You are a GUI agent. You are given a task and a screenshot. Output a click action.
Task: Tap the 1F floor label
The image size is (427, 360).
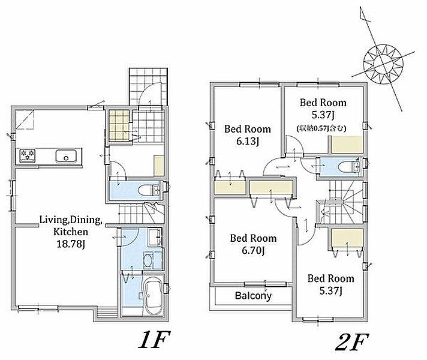coord(154,340)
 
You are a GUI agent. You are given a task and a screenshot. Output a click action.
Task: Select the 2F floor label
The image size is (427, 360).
coord(351,342)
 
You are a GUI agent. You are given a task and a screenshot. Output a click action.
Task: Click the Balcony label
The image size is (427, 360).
coord(253,296)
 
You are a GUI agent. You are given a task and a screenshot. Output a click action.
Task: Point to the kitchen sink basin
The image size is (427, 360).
coord(65,156)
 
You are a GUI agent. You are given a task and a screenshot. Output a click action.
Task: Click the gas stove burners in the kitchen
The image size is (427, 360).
coord(27,155)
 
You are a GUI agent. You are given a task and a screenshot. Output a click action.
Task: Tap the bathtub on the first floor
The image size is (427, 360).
coord(152,297)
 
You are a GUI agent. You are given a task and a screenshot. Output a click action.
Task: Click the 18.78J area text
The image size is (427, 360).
coord(70,244)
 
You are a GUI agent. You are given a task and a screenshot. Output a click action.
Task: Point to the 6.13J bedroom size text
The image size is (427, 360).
coord(247,142)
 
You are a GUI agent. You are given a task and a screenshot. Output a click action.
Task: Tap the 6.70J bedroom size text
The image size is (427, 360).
coord(253,250)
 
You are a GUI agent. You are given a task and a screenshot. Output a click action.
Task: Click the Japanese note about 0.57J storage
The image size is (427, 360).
coord(321,128)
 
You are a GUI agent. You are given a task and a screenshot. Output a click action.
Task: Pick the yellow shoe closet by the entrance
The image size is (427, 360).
coord(119,125)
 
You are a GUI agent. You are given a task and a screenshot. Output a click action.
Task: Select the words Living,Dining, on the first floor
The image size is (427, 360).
coord(71,220)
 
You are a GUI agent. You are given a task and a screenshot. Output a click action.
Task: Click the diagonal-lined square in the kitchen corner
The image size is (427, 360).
coord(25,119)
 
